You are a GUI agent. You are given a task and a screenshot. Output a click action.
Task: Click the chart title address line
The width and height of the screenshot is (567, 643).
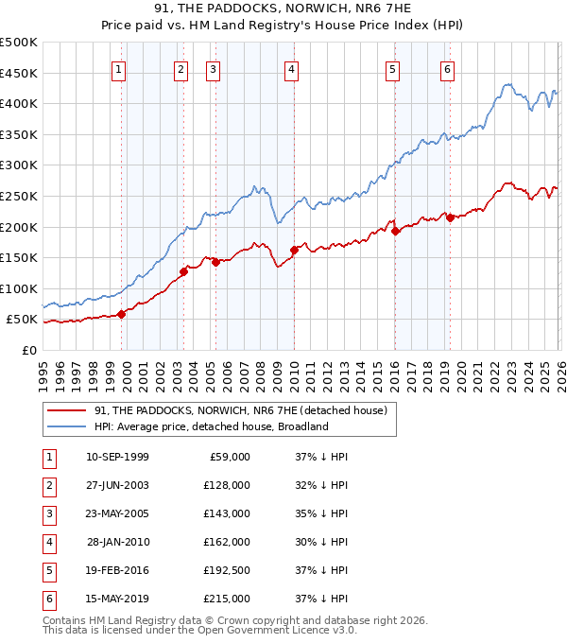point(283,9)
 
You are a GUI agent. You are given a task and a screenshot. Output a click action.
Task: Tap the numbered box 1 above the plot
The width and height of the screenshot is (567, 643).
point(119,69)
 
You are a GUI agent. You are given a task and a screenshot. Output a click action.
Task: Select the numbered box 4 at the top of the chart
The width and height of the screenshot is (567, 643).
point(292,69)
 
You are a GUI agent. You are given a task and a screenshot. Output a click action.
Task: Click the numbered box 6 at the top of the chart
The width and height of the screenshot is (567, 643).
point(447,69)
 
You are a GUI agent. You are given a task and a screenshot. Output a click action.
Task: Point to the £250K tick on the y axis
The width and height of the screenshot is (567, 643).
point(19,196)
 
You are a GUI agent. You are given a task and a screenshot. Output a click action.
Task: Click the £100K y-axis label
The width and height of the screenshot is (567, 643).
point(19,288)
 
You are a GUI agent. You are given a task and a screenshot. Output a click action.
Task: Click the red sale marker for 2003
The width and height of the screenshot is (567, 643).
point(183,272)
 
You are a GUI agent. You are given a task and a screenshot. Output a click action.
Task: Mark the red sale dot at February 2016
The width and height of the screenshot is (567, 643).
point(395,232)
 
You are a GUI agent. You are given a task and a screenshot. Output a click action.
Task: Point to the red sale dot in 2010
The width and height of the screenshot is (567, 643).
point(294,251)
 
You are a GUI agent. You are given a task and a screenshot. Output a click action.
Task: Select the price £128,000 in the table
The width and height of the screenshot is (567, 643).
point(226,485)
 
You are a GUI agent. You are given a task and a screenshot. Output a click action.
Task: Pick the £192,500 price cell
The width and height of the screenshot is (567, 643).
point(226,570)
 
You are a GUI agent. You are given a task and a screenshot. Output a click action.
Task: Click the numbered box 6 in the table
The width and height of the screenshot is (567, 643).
point(47,599)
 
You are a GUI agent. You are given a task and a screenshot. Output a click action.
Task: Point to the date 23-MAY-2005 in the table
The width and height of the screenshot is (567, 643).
point(116,513)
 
